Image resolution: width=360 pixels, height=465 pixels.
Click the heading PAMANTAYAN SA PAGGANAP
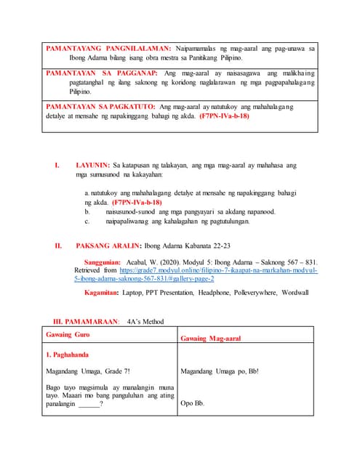tap(102, 74)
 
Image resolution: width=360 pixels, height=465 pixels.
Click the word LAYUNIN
tap(92, 165)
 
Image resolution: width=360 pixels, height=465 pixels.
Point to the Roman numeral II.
tap(58, 245)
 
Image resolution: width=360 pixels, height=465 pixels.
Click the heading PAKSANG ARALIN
tap(109, 245)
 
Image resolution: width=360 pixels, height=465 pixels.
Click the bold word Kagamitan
tap(105, 293)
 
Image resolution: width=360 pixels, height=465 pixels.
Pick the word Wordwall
tap(295, 293)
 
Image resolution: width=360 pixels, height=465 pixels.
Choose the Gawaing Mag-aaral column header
tap(210, 338)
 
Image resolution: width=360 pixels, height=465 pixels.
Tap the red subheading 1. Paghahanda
tap(71, 356)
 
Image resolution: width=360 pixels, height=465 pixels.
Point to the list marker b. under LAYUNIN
tap(87, 211)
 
